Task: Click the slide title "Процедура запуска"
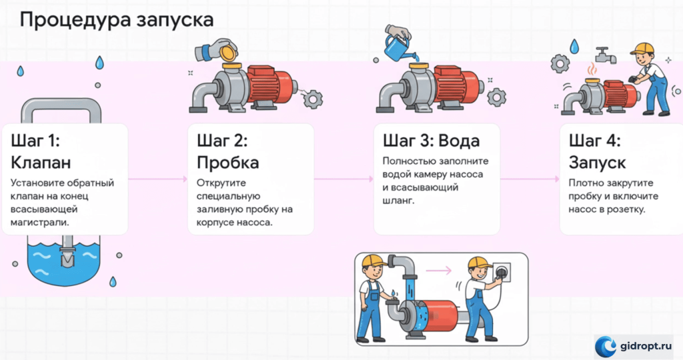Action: click(117, 20)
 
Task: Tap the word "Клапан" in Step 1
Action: click(41, 163)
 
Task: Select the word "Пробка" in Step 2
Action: click(228, 163)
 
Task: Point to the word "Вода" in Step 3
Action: click(459, 141)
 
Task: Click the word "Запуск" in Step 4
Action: click(597, 163)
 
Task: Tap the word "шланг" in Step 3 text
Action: click(397, 201)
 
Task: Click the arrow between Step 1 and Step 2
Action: click(157, 179)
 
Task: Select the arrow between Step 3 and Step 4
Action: click(530, 179)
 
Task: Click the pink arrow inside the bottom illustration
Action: click(438, 271)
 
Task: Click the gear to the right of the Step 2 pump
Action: click(313, 99)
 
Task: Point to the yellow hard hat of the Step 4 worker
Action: click(642, 48)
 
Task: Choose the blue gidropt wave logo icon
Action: click(606, 347)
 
